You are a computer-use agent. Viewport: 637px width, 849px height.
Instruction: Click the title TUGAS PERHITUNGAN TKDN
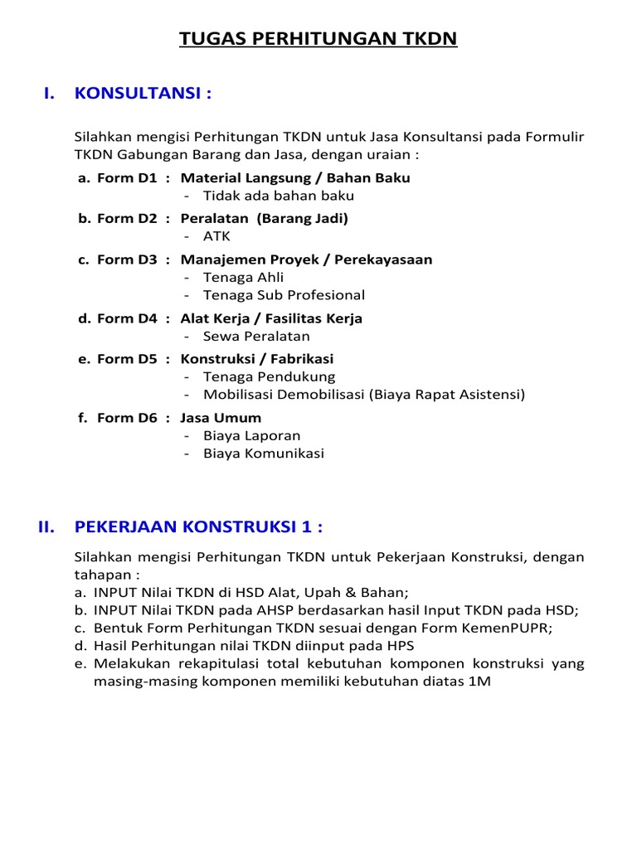[318, 39]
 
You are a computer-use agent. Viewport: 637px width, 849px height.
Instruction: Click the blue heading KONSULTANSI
[143, 94]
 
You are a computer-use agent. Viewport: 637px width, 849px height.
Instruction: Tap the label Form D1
[127, 177]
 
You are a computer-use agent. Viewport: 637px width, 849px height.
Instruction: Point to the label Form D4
[127, 318]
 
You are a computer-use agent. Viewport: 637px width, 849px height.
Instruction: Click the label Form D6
[127, 418]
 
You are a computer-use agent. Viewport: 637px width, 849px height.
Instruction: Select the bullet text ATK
[216, 236]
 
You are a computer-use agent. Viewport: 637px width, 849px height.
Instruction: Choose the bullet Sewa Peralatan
[256, 336]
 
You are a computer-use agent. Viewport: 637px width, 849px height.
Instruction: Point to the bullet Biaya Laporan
[252, 435]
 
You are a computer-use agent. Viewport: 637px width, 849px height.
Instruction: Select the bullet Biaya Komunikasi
[264, 454]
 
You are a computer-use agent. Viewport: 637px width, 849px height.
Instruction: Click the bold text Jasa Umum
[221, 418]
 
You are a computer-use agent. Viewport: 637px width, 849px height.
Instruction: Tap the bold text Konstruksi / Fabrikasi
[257, 359]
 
